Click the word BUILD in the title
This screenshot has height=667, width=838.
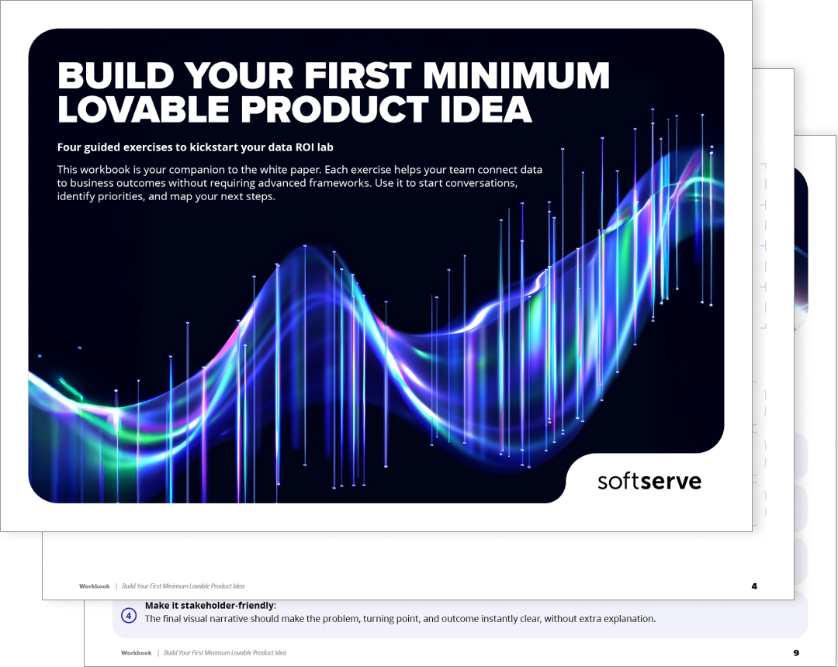(116, 75)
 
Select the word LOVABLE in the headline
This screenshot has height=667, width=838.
(144, 109)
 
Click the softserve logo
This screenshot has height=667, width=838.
(649, 481)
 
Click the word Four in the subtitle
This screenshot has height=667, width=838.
(68, 147)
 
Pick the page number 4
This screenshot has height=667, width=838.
(754, 586)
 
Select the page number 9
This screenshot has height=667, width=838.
(796, 652)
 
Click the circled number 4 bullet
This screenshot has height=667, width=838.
(128, 616)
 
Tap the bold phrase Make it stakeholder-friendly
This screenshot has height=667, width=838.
(209, 606)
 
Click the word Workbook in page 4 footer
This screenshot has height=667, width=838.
(94, 586)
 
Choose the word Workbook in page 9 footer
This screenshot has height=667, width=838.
(137, 652)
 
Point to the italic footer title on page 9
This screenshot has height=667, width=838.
(225, 652)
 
